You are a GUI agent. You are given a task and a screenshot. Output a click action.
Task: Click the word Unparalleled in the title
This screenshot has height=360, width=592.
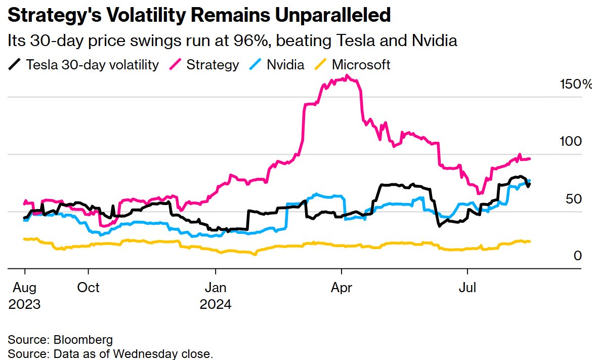pyautogui.click(x=332, y=16)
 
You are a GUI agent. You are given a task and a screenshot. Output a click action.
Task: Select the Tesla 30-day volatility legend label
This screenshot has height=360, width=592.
pyautogui.click(x=92, y=65)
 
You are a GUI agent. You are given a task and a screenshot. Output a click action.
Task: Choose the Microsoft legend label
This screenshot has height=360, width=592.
pyautogui.click(x=361, y=65)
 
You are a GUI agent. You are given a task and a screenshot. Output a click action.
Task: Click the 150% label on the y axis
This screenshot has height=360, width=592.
pyautogui.click(x=575, y=85)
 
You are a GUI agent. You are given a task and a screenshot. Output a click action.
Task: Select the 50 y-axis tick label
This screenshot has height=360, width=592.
pyautogui.click(x=573, y=199)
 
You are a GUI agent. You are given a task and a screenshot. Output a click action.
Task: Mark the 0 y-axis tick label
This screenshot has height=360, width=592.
pyautogui.click(x=577, y=256)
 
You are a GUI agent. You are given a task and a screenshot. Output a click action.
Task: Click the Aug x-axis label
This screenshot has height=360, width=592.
pyautogui.click(x=24, y=288)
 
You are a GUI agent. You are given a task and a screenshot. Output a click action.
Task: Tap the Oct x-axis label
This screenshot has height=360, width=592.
pyautogui.click(x=88, y=288)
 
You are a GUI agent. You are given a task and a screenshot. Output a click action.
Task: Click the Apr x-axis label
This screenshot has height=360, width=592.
pyautogui.click(x=342, y=288)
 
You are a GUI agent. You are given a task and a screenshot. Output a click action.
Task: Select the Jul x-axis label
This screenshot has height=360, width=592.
pyautogui.click(x=468, y=288)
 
